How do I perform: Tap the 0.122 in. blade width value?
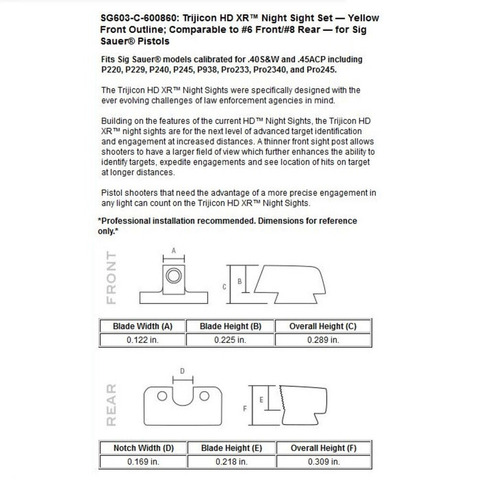click(x=142, y=340)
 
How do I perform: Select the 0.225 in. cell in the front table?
click(x=230, y=340)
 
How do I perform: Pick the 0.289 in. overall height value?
click(x=323, y=340)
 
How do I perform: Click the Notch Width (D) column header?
click(x=143, y=448)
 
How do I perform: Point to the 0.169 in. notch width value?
click(x=143, y=462)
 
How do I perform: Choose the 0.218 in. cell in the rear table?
click(x=230, y=462)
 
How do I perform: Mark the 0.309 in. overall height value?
click(x=323, y=462)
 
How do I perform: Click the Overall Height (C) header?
click(x=323, y=327)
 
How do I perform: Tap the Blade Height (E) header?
click(x=230, y=448)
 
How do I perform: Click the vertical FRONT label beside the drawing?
click(x=111, y=277)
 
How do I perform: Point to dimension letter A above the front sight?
click(x=174, y=251)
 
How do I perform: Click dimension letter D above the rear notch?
click(x=182, y=371)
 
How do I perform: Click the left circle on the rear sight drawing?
click(x=162, y=396)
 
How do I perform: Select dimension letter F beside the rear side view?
click(x=244, y=409)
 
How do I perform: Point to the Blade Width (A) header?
click(x=142, y=327)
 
